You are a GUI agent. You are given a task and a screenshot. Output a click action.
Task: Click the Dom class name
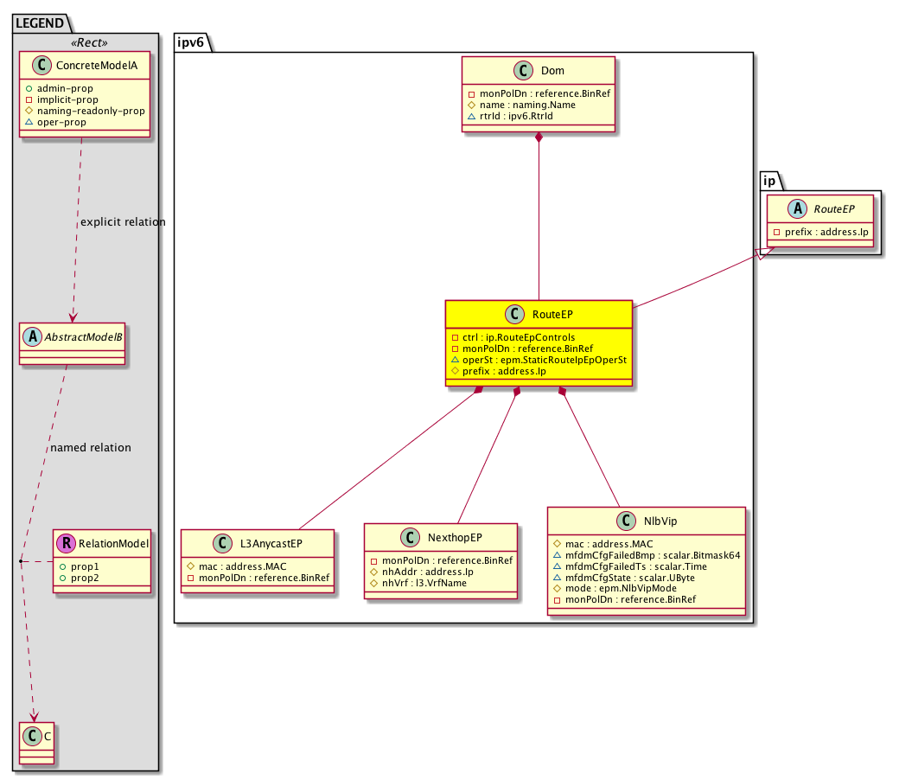click(552, 71)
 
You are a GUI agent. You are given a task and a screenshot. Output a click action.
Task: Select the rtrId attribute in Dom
click(516, 116)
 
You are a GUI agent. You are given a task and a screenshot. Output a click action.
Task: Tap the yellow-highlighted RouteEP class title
click(552, 314)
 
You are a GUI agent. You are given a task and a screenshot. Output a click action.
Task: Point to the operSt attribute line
click(544, 360)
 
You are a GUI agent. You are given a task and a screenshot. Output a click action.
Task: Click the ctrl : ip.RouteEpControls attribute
click(519, 337)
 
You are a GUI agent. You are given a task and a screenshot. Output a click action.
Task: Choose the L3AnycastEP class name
click(271, 543)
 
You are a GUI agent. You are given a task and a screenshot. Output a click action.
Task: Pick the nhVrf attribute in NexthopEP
click(424, 583)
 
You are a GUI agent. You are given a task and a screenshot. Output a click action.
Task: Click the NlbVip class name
click(660, 521)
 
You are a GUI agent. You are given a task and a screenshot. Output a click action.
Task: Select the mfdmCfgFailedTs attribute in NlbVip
click(636, 566)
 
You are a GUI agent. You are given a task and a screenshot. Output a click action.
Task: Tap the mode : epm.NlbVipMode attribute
click(621, 588)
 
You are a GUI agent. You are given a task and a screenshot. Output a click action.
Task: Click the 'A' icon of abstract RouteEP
click(797, 208)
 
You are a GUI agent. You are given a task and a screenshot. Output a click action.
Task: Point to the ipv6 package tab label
click(190, 42)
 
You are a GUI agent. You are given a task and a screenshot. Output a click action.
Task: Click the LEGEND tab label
click(40, 23)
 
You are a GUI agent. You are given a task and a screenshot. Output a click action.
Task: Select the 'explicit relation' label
click(123, 222)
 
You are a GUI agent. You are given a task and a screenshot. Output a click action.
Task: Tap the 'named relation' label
click(91, 447)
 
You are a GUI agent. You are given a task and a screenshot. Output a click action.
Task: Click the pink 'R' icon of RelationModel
click(66, 543)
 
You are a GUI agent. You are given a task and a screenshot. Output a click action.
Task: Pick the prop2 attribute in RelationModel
click(85, 578)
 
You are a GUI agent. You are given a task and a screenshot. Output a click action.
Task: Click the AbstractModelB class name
click(83, 336)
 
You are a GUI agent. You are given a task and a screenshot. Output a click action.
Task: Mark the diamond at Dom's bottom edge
click(539, 137)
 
